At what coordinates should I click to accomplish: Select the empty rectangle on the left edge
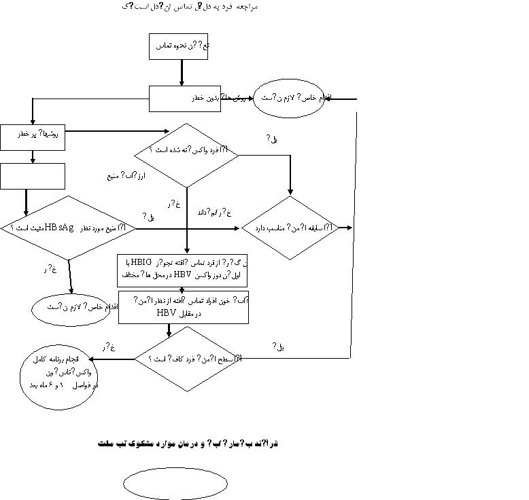coord(33,176)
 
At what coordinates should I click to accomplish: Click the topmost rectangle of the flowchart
coord(182,46)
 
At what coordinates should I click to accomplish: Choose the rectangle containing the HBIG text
coord(183,270)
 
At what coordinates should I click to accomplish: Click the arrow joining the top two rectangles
coord(182,72)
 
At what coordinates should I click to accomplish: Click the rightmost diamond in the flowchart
coord(290,228)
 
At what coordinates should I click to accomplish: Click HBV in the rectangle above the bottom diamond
coord(167,314)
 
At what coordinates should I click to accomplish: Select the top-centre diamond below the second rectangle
coord(187,155)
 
